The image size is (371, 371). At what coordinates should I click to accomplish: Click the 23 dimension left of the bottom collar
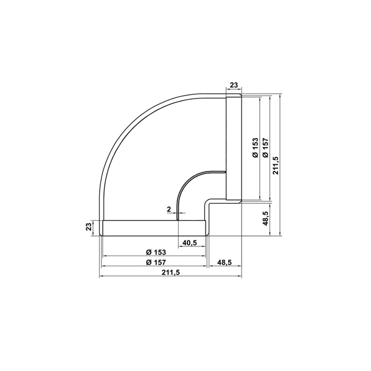click(x=89, y=227)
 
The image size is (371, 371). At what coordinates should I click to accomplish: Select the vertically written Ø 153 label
click(x=255, y=148)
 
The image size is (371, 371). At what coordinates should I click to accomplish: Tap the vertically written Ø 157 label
click(x=265, y=148)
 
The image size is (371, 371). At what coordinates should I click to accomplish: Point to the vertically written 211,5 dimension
click(x=276, y=165)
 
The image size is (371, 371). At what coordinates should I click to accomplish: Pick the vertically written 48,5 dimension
click(x=265, y=217)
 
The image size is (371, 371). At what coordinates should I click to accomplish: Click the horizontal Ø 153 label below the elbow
click(x=156, y=252)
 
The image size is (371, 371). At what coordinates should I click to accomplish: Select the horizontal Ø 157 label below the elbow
click(x=156, y=263)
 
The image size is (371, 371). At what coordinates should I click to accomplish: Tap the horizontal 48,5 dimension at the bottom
click(x=224, y=263)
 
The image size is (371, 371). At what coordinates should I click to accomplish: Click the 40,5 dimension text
click(x=190, y=243)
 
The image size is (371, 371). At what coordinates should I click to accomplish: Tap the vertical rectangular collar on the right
click(x=234, y=147)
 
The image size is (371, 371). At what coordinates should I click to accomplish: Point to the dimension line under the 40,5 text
click(x=192, y=247)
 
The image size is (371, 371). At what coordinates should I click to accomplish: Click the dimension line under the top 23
click(x=234, y=91)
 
